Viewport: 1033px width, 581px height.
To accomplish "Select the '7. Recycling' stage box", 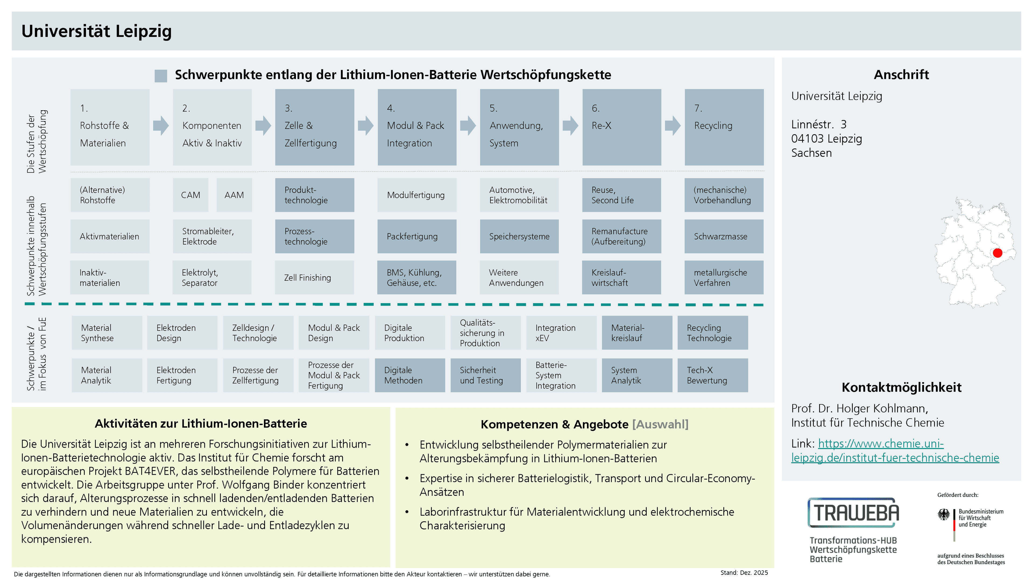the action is click(x=724, y=127).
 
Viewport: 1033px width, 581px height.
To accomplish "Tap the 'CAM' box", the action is click(x=190, y=195).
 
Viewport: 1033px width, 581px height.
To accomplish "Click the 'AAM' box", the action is click(x=234, y=195).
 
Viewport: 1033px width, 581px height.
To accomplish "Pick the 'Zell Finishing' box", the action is click(x=314, y=278).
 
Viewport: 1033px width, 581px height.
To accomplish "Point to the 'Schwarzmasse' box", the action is click(x=724, y=236).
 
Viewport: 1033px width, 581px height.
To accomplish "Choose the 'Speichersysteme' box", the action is click(x=519, y=236).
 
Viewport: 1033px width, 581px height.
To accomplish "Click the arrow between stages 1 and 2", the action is click(x=161, y=126).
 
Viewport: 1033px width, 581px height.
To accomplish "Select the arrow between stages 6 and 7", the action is click(x=673, y=126).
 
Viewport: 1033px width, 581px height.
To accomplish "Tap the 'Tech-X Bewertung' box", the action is click(x=713, y=375).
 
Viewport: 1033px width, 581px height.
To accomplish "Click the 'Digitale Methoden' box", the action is click(x=410, y=375).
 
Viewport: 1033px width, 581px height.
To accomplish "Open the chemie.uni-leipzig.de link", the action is click(x=895, y=451).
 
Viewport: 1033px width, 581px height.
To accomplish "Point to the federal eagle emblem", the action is click(x=944, y=515).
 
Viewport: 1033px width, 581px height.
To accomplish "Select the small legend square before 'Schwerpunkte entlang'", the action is click(x=161, y=76).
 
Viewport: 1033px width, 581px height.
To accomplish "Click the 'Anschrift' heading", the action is click(x=901, y=75).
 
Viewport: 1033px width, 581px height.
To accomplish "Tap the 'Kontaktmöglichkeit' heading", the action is click(x=901, y=387).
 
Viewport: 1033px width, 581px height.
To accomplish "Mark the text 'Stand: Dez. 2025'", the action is click(x=744, y=573).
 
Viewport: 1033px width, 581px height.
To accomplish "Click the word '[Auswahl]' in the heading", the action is click(x=660, y=424).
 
